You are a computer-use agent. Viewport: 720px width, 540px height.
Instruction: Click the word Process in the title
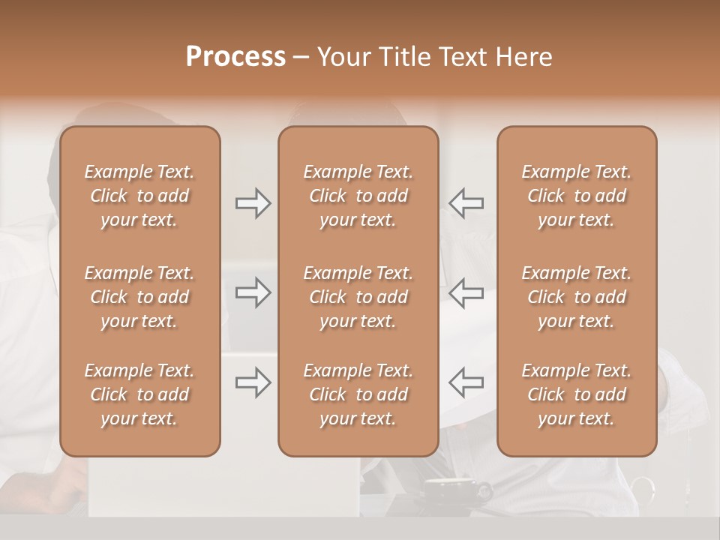coord(235,57)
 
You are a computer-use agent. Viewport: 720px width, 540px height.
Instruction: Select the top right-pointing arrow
coord(253,203)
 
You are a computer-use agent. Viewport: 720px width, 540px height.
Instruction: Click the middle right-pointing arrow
coord(253,292)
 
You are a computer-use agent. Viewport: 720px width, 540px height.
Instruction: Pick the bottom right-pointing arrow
coord(253,382)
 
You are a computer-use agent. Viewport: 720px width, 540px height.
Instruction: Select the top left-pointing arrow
coord(466,203)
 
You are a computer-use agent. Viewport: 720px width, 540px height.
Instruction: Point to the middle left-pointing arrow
coord(466,292)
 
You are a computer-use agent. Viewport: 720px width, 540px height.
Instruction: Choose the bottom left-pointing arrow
coord(466,382)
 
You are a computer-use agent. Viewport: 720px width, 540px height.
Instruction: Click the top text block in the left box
coord(139,196)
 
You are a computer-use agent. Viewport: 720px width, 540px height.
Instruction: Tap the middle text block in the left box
coord(139,297)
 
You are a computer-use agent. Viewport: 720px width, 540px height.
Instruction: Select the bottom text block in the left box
coord(139,394)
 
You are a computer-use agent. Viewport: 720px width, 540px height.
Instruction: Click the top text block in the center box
coord(358,196)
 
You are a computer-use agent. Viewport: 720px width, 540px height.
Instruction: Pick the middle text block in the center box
coord(358,297)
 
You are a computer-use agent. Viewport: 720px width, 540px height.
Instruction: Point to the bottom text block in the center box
coord(358,394)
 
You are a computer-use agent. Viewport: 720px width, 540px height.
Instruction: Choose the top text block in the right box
coord(576,196)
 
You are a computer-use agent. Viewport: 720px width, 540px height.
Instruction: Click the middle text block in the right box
coord(576,297)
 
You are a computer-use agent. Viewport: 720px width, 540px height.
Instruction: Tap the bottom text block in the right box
coord(576,394)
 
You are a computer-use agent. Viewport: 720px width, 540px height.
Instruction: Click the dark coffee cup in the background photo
coord(450,491)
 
